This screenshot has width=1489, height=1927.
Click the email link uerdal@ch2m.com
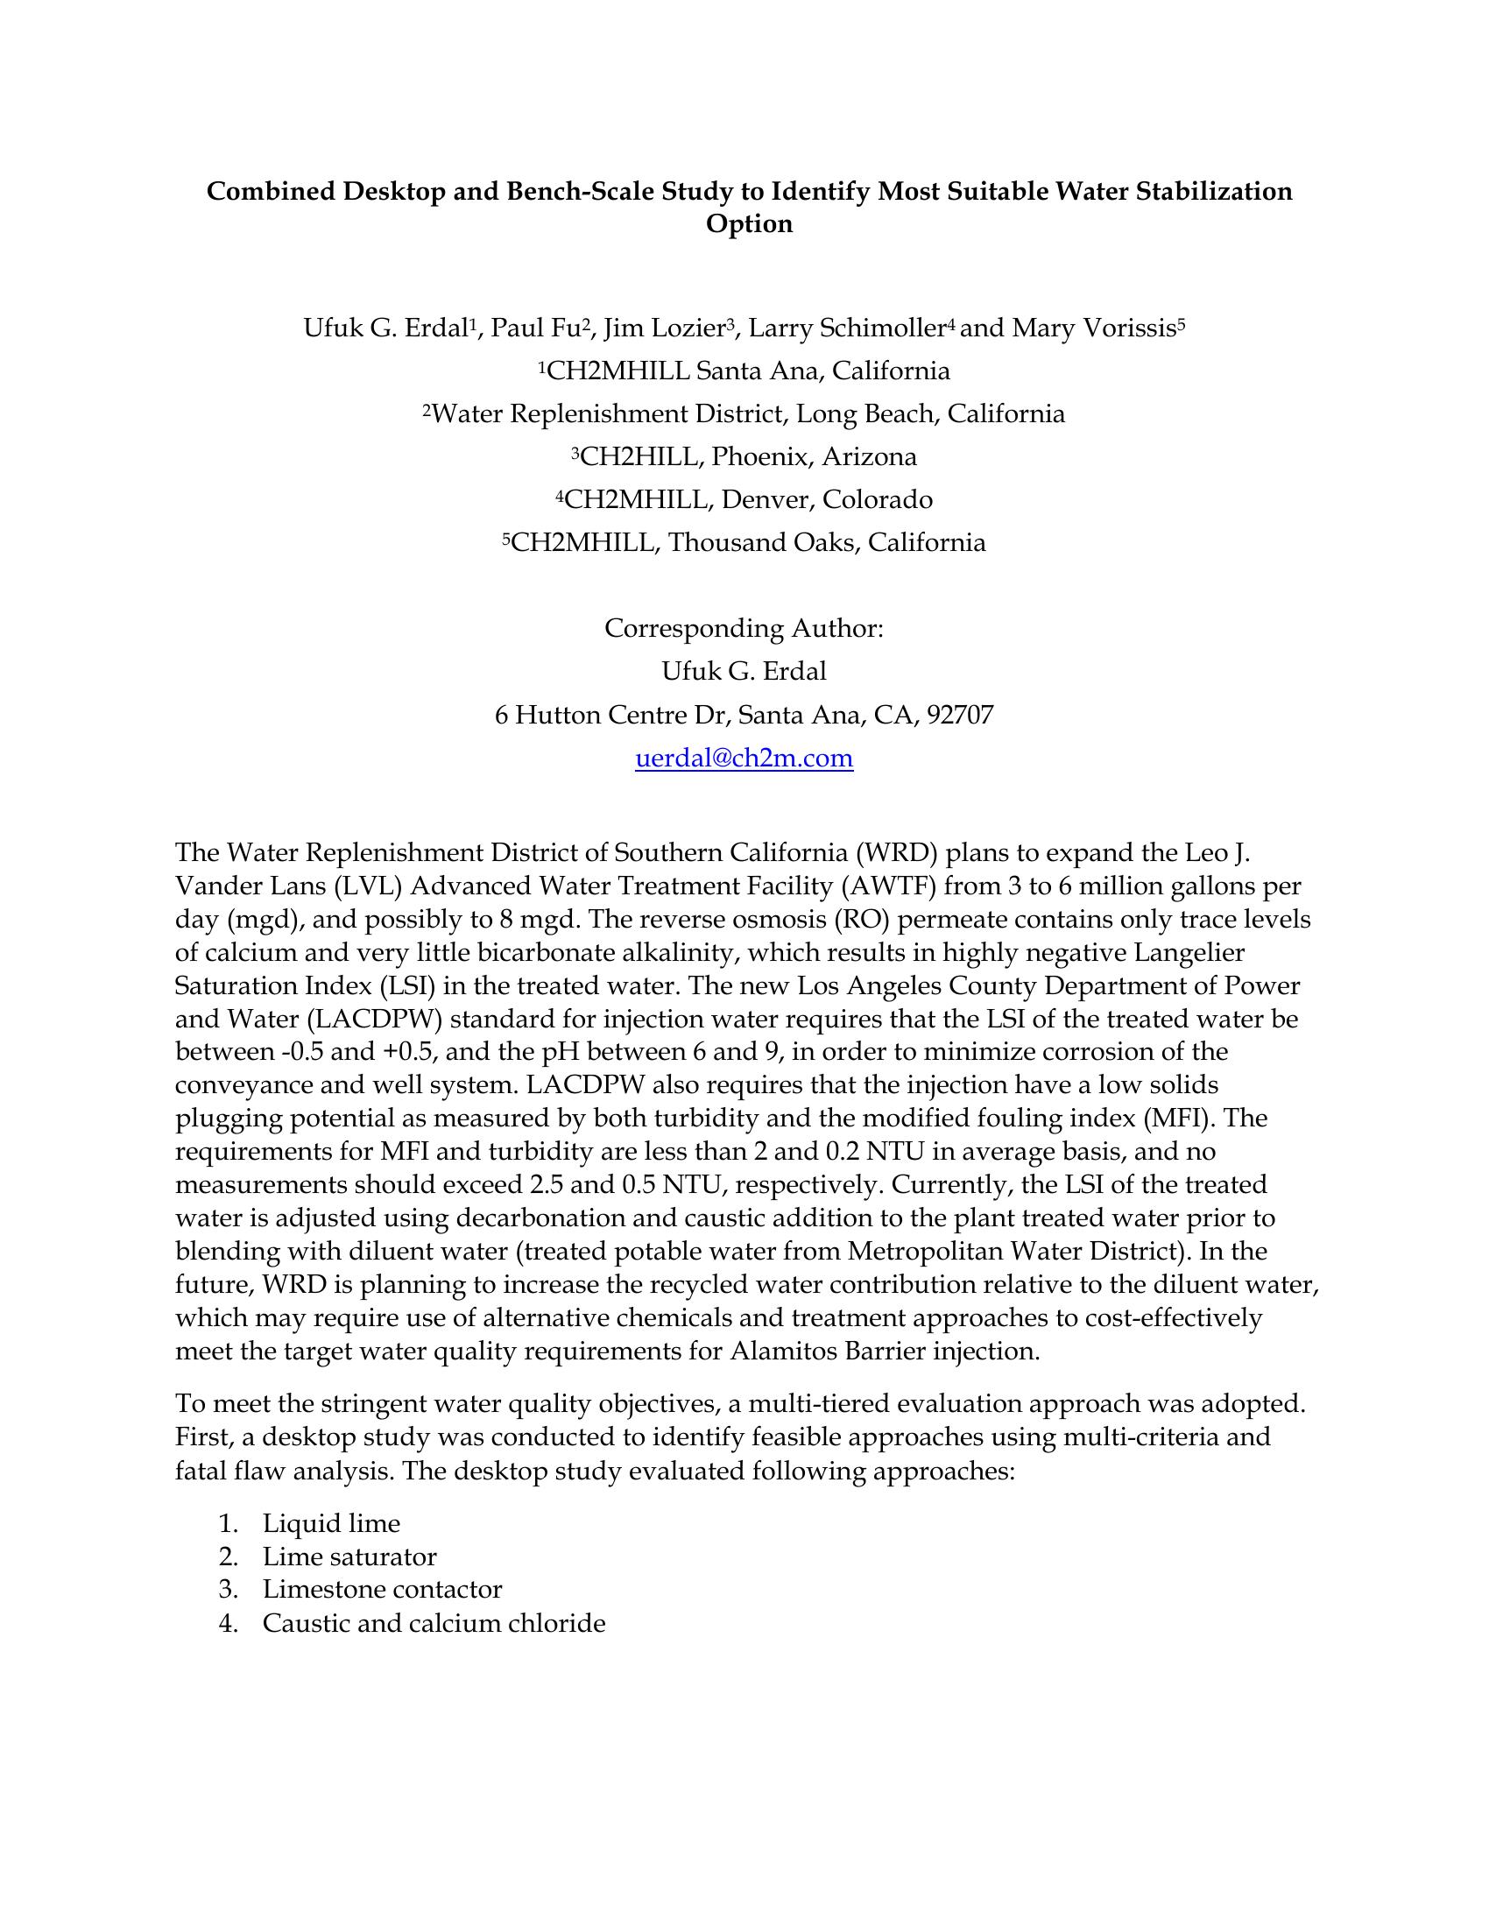point(744,758)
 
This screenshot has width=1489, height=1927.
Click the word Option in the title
point(749,224)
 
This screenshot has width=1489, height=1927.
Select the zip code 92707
point(960,715)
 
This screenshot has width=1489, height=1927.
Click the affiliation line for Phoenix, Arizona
point(744,457)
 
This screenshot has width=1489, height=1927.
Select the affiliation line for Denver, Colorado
point(744,500)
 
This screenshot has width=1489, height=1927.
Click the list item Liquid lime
point(331,1524)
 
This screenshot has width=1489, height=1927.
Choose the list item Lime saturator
point(349,1557)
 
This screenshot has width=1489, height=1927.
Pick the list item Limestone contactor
point(382,1590)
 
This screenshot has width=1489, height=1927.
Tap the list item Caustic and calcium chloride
point(434,1623)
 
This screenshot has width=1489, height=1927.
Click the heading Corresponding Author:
point(744,629)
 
